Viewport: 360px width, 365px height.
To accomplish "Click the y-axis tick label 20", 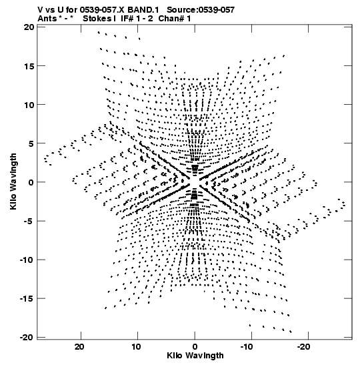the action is coord(29,27).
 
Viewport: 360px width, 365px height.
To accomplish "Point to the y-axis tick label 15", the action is coord(29,66).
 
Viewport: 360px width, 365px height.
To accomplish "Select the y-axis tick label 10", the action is coord(29,105).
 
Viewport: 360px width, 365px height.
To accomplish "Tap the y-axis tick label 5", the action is coord(31,143).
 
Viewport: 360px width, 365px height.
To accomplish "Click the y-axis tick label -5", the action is coord(29,221).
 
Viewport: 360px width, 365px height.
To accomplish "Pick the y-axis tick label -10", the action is coord(27,260).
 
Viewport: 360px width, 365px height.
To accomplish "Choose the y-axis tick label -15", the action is coord(27,298).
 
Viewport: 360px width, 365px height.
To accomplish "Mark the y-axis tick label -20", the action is coord(27,337).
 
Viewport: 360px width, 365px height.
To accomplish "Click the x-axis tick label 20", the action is coord(79,347).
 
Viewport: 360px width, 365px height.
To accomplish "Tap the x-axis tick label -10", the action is coord(247,347).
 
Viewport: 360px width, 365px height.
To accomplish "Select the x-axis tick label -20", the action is coord(303,347).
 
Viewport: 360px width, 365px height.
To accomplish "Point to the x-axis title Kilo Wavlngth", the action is coord(195,356).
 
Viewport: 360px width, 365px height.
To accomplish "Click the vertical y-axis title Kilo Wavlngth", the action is coord(13,181).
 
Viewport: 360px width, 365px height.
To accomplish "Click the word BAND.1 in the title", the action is coord(143,10).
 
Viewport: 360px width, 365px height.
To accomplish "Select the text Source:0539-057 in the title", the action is coord(201,10).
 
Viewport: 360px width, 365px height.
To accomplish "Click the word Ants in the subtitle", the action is coord(47,19).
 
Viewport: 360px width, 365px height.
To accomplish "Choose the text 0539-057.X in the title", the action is coord(103,10).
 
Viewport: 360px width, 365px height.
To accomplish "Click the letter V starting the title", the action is coord(40,10).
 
